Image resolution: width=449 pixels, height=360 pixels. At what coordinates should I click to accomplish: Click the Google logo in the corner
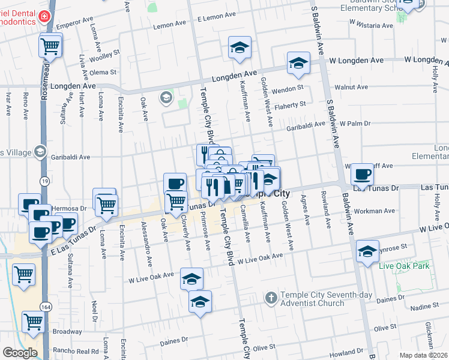click(x=19, y=353)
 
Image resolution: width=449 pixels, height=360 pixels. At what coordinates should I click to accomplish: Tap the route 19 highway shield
click(x=44, y=179)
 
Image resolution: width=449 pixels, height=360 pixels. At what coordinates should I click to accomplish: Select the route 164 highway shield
click(x=45, y=307)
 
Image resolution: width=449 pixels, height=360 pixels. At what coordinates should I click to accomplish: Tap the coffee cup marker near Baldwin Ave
click(x=362, y=175)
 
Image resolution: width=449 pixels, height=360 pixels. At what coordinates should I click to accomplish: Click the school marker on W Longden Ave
click(x=298, y=63)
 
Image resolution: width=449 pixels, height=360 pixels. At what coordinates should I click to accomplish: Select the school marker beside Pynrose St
click(x=367, y=251)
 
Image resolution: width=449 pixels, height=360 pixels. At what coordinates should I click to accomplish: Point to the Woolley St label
click(x=104, y=52)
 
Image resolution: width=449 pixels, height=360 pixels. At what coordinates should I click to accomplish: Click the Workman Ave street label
click(x=375, y=211)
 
